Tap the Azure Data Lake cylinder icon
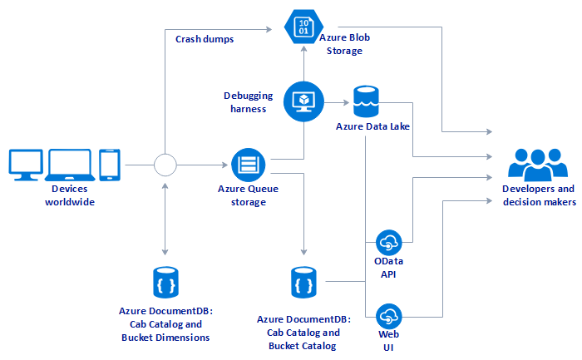point(367,101)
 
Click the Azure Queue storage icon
point(247,165)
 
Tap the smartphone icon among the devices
point(110,165)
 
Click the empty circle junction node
point(166,165)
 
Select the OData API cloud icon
point(388,243)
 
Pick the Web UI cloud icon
point(388,317)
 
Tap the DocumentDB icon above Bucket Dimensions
point(165,283)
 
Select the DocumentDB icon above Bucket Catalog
point(303,283)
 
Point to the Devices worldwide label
point(69,195)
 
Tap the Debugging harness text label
point(245,101)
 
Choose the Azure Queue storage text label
point(247,195)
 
